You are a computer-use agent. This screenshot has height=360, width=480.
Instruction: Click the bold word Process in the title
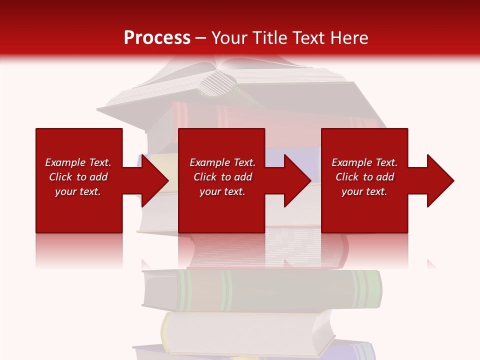[157, 38]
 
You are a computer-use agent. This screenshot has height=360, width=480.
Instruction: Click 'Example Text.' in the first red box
[78, 162]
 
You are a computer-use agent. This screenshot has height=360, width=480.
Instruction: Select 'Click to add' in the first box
[78, 177]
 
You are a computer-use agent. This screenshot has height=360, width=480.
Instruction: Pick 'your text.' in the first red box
[78, 191]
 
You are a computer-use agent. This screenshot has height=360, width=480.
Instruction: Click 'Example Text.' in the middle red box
[222, 162]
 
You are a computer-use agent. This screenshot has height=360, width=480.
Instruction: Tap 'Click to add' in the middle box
[222, 177]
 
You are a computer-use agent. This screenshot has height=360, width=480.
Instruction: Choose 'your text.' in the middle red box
[222, 191]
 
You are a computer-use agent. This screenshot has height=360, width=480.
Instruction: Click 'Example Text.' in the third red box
[364, 162]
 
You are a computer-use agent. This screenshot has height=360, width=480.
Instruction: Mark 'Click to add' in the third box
[364, 177]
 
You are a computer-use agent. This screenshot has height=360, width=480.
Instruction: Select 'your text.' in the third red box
[364, 191]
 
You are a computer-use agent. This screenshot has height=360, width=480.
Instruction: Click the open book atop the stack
[235, 80]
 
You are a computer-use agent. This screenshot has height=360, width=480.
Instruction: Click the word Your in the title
[230, 38]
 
